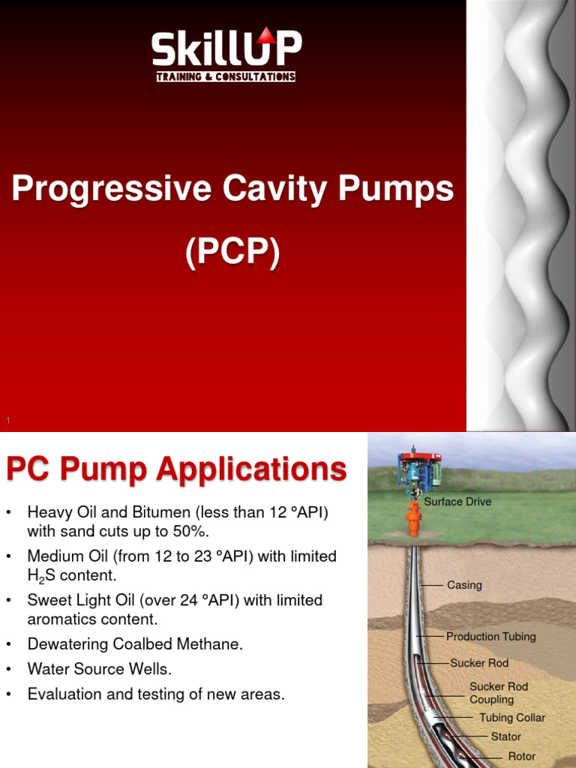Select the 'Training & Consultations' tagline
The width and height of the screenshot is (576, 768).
click(226, 76)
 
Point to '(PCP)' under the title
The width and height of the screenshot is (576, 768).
click(232, 253)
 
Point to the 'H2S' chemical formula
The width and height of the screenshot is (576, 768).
click(42, 576)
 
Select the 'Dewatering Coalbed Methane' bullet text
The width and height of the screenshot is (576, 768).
click(135, 644)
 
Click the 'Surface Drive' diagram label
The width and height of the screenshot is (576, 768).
click(457, 502)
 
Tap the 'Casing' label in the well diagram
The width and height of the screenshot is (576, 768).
click(464, 585)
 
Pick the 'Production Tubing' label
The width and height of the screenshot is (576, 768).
click(490, 637)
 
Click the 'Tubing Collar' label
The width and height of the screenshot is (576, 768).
click(512, 718)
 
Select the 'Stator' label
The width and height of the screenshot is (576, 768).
click(505, 736)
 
